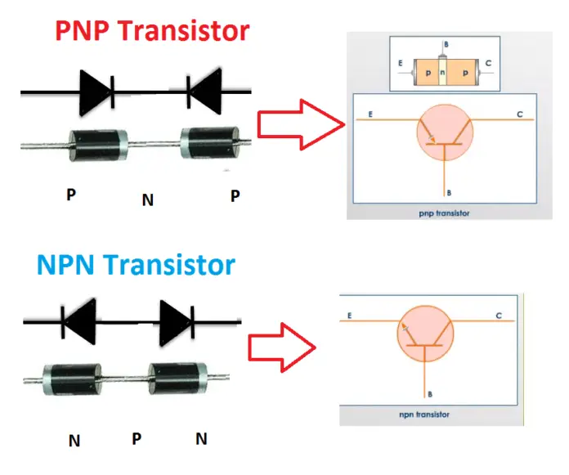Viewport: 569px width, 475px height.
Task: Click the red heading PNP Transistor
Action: pyautogui.click(x=151, y=31)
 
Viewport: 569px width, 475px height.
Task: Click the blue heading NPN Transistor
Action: pyautogui.click(x=137, y=265)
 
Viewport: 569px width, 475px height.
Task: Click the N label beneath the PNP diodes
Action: pyautogui.click(x=147, y=199)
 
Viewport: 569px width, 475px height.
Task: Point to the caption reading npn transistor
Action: pyautogui.click(x=428, y=415)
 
